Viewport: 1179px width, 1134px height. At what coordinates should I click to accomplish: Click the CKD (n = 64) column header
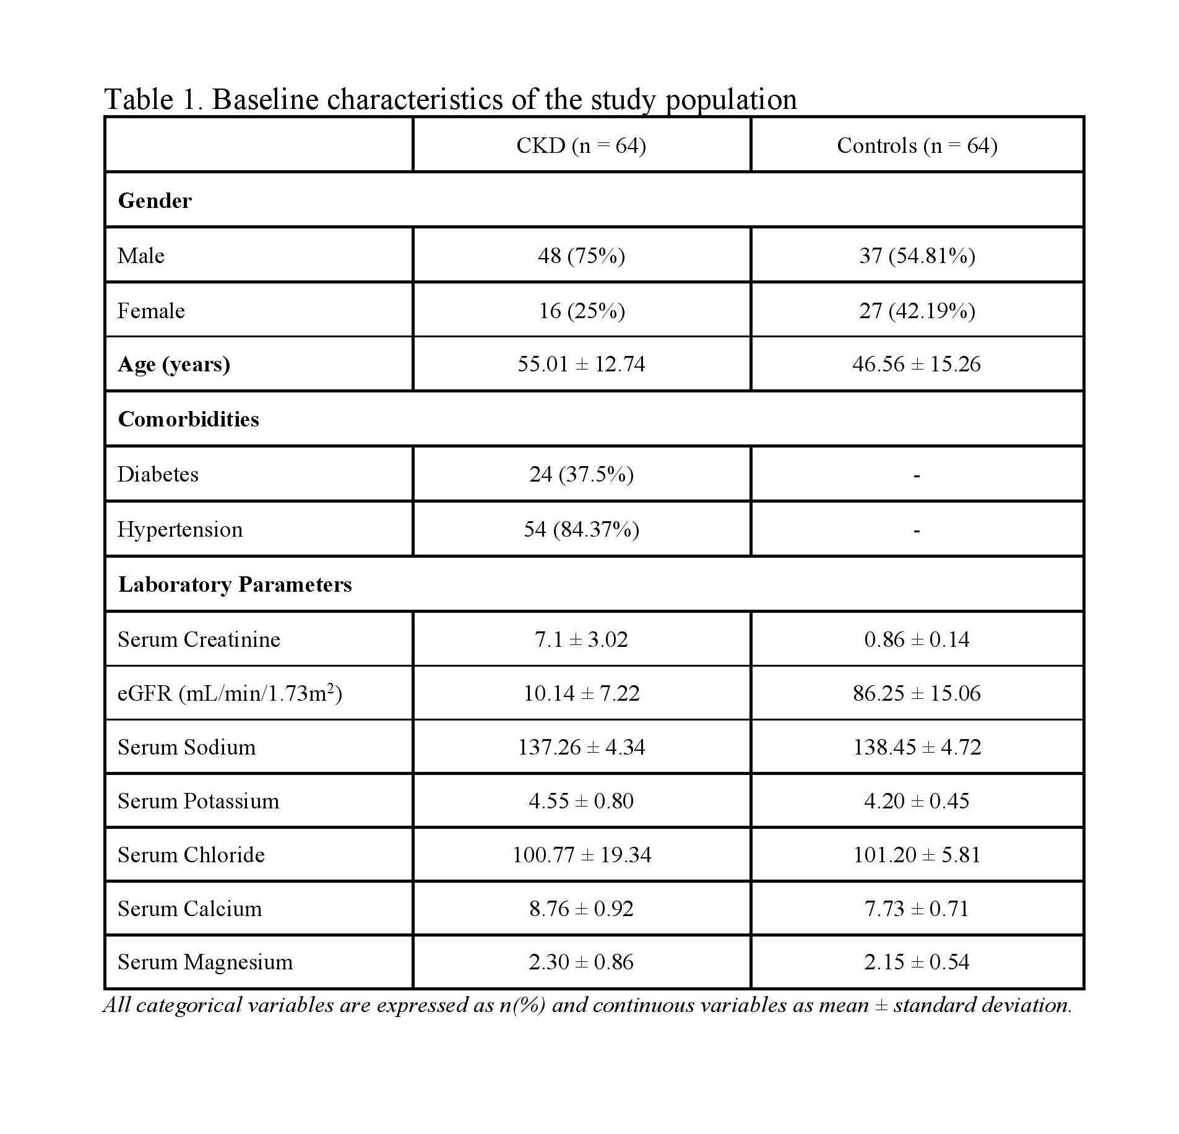click(581, 145)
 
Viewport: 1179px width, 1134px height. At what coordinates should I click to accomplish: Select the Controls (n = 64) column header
click(917, 145)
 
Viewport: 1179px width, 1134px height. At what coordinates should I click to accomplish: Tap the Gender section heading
click(155, 201)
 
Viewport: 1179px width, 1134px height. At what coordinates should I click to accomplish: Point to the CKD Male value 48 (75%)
click(581, 256)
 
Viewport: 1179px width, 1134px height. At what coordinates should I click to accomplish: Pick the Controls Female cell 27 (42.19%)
click(917, 310)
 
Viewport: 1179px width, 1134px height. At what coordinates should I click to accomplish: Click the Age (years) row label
click(174, 364)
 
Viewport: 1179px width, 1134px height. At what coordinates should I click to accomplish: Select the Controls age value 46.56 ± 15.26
click(916, 364)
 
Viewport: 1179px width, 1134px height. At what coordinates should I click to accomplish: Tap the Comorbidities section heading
click(188, 419)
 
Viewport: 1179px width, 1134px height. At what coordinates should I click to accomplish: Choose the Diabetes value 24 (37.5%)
click(581, 474)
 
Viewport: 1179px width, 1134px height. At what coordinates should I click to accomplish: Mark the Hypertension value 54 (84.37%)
click(581, 529)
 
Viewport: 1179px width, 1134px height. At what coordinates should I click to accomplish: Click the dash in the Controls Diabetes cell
click(917, 475)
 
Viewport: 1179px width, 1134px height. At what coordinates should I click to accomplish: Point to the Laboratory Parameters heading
click(235, 584)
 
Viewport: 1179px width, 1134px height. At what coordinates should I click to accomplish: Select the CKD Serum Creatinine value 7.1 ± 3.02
click(581, 639)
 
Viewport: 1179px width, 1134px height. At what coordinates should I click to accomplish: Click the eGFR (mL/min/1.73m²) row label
click(230, 693)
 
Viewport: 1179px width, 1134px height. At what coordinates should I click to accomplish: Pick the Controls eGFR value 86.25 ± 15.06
click(917, 693)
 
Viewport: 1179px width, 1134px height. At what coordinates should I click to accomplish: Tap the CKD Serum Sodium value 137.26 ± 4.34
click(581, 747)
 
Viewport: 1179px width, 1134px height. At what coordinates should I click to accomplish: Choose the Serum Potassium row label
click(198, 801)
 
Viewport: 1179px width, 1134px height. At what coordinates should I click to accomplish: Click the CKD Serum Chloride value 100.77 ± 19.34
click(581, 855)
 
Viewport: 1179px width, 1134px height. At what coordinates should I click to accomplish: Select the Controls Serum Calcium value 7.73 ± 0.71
click(917, 909)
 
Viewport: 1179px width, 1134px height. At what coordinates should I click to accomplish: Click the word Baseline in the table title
click(265, 99)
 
